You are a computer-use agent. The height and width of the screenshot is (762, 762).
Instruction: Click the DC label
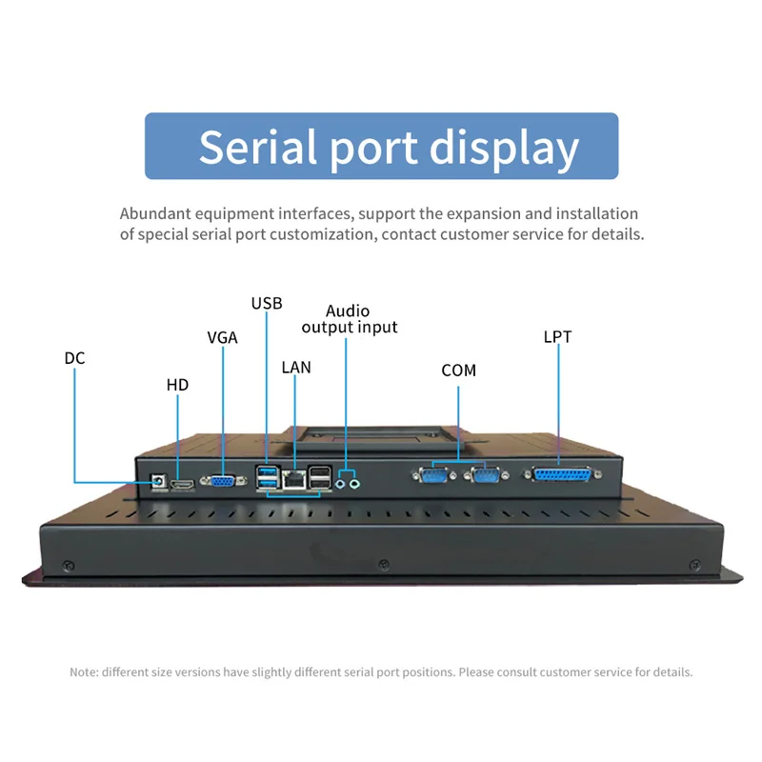74,358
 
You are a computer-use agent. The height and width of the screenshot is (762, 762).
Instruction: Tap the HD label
177,385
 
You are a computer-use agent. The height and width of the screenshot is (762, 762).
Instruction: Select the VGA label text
222,337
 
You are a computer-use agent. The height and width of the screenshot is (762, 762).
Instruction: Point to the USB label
267,303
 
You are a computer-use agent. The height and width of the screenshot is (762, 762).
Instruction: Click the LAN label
296,367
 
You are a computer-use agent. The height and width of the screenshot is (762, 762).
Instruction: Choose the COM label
458,370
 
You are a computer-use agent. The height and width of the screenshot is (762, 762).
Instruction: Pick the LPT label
557,336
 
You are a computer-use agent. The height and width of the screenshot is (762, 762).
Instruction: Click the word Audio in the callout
348,311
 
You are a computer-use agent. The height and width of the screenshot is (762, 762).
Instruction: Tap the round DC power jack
158,480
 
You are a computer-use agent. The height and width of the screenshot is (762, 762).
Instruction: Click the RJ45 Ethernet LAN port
296,480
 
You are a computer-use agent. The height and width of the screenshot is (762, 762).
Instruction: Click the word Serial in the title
257,147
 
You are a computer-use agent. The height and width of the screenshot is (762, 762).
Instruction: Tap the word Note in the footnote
84,672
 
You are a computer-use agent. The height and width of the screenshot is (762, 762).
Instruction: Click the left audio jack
341,483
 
